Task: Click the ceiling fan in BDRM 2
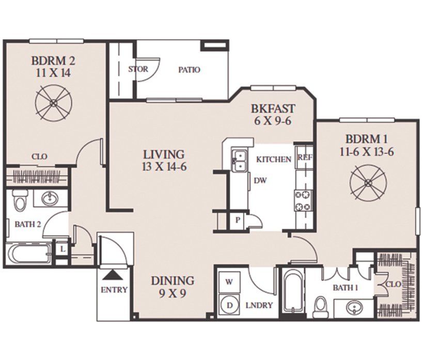pos(54,102)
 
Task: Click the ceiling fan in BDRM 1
pos(368,183)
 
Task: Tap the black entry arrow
pos(113,275)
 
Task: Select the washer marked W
pos(229,282)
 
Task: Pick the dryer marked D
pos(229,305)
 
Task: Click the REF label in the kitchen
pos(305,158)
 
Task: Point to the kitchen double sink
pos(239,161)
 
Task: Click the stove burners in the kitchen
pos(303,200)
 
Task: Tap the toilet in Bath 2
pos(20,200)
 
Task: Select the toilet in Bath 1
pos(321,307)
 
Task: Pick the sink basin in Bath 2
pos(50,198)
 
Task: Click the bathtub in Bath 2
pos(28,254)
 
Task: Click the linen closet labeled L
pos(62,249)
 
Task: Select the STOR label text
pos(138,69)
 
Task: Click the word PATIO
pos(189,70)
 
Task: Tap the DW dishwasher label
pos(260,180)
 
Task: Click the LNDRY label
pos(259,305)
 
